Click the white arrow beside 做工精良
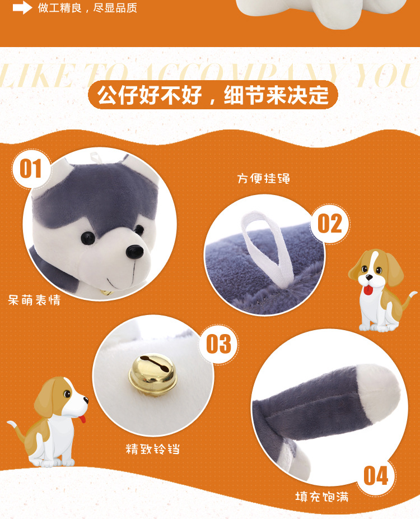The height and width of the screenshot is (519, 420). (22, 8)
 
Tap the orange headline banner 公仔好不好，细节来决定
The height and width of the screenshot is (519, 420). (213, 95)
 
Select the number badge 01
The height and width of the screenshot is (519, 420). (31, 168)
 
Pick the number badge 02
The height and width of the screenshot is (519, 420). (330, 224)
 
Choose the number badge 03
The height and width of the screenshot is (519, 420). (218, 344)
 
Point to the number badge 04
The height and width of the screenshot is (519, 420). (376, 476)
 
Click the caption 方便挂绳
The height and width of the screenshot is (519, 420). (263, 179)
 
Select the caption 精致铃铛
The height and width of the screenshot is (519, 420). (153, 449)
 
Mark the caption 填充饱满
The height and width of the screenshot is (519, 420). (322, 497)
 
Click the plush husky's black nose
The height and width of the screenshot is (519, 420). (134, 252)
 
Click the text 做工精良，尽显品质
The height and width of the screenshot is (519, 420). (87, 8)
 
